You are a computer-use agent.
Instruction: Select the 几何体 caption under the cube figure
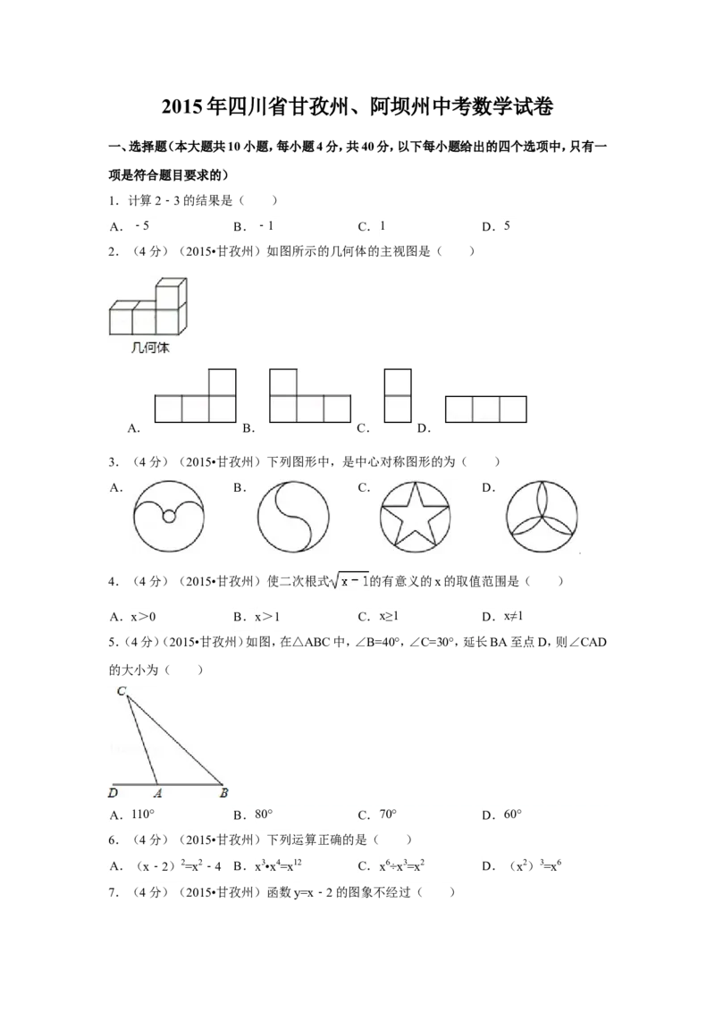pos(150,348)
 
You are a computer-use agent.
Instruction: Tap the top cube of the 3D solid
pos(171,291)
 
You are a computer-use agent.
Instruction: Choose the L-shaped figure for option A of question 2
pos(195,396)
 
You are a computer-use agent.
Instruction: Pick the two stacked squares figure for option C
pos(398,396)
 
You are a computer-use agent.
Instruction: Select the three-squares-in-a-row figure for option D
pos(486,409)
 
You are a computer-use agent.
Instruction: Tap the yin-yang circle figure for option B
pos(293,517)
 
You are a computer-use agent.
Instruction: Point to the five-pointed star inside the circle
pos(415,517)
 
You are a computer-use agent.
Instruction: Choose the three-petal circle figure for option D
pos(542,517)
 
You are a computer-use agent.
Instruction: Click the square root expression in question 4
pos(349,581)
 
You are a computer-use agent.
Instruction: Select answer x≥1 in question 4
pos(389,616)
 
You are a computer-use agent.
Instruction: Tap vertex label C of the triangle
pos(122,691)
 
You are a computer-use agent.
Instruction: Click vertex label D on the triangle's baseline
pos(113,793)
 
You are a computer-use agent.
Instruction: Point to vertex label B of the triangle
pos(224,793)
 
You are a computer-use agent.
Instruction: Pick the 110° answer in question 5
pos(143,814)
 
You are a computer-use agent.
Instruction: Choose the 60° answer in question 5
pos(512,814)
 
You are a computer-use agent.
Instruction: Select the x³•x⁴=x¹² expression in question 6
pos(278,865)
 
